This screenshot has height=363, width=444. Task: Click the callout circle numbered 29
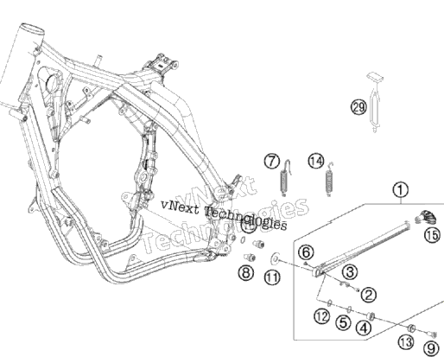[358, 107]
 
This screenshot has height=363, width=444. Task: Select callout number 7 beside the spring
[272, 162]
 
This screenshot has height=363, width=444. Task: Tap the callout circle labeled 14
[316, 162]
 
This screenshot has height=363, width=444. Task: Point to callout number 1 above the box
[401, 190]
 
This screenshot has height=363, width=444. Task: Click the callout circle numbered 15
[433, 235]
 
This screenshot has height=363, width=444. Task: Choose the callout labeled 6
[306, 252]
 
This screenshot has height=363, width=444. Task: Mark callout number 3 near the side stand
[350, 271]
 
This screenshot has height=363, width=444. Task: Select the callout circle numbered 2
[368, 295]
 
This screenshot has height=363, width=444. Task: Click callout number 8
[246, 272]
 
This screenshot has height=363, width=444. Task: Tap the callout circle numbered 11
[272, 277]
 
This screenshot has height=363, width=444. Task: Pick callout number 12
[322, 316]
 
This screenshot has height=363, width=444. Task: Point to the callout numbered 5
[343, 322]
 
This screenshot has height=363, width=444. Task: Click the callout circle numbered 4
[364, 328]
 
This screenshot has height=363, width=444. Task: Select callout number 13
[406, 342]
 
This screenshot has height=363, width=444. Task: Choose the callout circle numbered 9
[431, 348]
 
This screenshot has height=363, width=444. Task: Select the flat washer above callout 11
[276, 258]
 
